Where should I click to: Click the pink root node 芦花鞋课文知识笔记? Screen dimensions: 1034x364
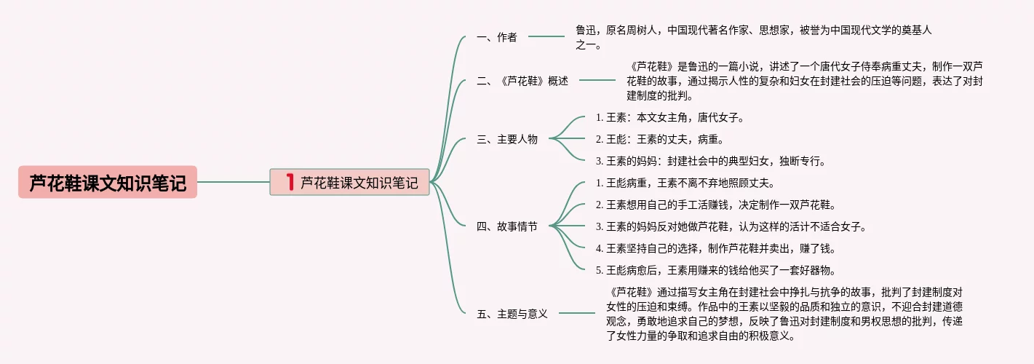(x=108, y=182)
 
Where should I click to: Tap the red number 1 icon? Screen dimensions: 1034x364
(x=290, y=182)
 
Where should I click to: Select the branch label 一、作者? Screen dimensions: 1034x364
(x=496, y=37)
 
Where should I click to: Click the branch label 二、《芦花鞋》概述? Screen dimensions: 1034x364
(x=522, y=81)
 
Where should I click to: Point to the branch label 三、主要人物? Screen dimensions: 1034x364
(x=506, y=139)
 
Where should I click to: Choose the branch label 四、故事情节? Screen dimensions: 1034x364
(x=506, y=226)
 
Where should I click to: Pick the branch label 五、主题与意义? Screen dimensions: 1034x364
(x=512, y=314)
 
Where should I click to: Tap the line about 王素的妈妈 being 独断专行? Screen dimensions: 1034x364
(x=710, y=161)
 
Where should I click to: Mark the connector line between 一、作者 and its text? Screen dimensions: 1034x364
(x=546, y=36)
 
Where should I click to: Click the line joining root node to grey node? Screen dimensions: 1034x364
(x=233, y=182)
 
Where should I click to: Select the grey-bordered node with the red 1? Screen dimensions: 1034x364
(x=349, y=182)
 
